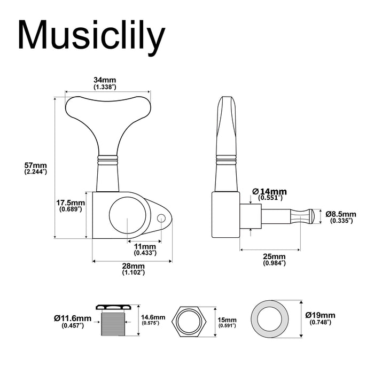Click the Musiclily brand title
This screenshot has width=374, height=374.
pyautogui.click(x=91, y=37)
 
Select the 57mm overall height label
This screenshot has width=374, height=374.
pyautogui.click(x=36, y=168)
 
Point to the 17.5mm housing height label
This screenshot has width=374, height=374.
pyautogui.click(x=71, y=206)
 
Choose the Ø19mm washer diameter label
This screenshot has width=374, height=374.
pyautogui.click(x=321, y=318)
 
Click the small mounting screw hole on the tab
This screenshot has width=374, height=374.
pyautogui.click(x=164, y=216)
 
